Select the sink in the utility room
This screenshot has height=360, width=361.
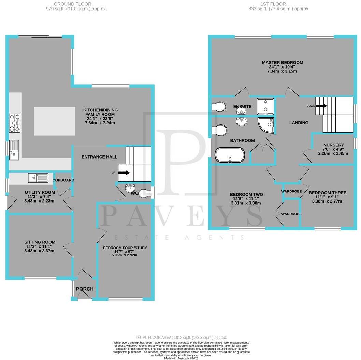(x=39, y=178)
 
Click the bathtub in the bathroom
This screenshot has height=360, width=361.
(x=230, y=155)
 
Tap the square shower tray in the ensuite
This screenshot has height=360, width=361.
(x=265, y=106)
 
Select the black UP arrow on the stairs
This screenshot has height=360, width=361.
(x=124, y=173)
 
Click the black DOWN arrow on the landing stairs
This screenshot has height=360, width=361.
(x=321, y=106)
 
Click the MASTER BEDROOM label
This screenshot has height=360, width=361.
(x=283, y=63)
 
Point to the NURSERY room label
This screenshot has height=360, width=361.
(x=334, y=145)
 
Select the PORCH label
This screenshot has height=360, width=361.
(x=85, y=289)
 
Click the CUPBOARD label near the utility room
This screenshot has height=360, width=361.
(x=63, y=180)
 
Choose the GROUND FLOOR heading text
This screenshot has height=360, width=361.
(x=72, y=4)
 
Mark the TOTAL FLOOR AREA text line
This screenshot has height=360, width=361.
(x=181, y=337)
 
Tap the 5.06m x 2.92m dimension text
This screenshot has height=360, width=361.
(x=125, y=255)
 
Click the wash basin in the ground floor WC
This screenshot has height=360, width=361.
(x=131, y=188)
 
